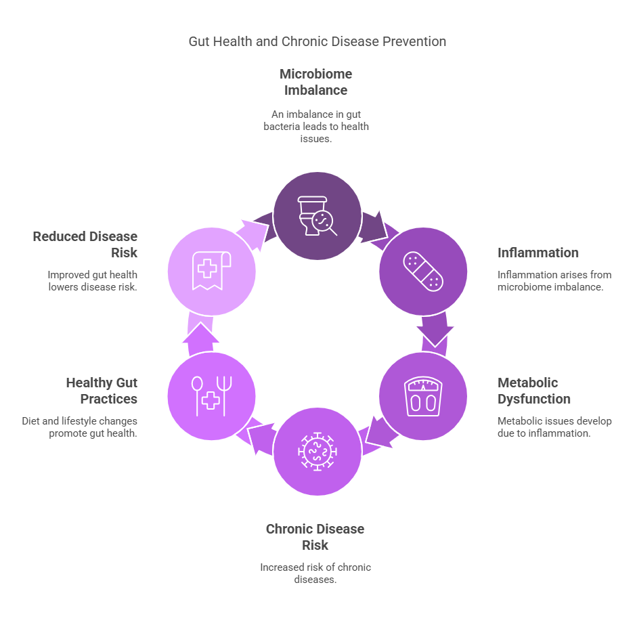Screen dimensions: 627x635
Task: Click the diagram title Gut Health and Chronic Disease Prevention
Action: click(317, 41)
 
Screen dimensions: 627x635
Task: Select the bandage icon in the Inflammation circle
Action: click(423, 271)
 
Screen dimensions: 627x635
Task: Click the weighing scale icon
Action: click(423, 396)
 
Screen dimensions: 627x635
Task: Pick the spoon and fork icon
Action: click(211, 396)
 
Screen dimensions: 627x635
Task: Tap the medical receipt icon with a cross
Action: click(211, 271)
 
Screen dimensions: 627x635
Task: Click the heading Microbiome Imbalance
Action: click(316, 82)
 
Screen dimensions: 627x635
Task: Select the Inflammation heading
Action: click(538, 253)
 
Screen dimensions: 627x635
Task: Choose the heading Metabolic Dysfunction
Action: click(534, 391)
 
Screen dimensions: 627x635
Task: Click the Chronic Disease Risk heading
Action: click(315, 537)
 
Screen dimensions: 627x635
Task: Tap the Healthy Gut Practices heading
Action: click(102, 391)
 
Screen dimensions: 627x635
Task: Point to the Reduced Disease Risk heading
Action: click(85, 244)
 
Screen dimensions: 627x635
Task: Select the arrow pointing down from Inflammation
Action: click(434, 330)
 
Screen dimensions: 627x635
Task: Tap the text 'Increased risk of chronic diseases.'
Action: click(315, 574)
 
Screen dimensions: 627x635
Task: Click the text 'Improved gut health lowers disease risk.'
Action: click(93, 281)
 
